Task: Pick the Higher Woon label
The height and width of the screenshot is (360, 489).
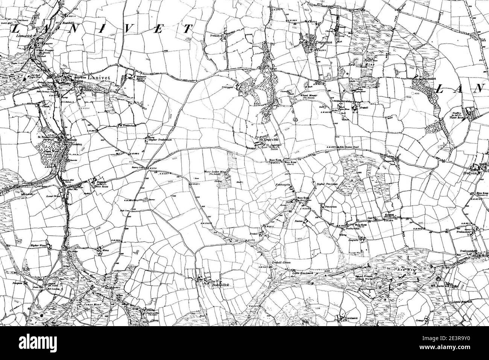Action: click(38, 245)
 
